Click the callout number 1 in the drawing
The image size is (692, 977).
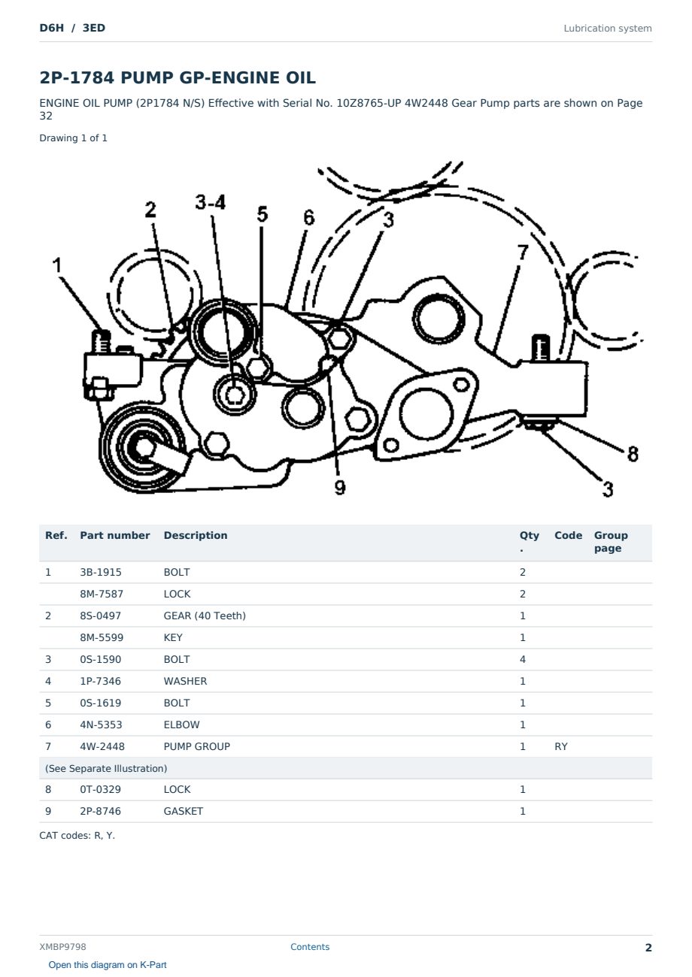pyautogui.click(x=57, y=265)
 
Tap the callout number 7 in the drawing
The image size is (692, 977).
pyautogui.click(x=523, y=252)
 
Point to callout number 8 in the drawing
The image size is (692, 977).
pyautogui.click(x=633, y=454)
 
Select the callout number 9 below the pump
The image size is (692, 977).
pyautogui.click(x=340, y=487)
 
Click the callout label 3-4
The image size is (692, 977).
pyautogui.click(x=211, y=202)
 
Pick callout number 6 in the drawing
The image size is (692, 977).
pyautogui.click(x=308, y=218)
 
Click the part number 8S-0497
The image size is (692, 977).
pyautogui.click(x=102, y=616)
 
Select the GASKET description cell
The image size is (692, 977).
pyautogui.click(x=183, y=811)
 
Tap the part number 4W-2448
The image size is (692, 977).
pyautogui.click(x=102, y=747)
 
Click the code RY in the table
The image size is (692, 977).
pyautogui.click(x=561, y=747)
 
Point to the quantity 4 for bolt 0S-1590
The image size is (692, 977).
pyautogui.click(x=523, y=660)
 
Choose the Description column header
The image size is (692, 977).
pyautogui.click(x=195, y=536)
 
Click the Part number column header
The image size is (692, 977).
pyautogui.click(x=115, y=536)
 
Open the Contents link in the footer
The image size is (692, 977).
pyautogui.click(x=310, y=947)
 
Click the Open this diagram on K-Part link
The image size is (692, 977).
pyautogui.click(x=108, y=965)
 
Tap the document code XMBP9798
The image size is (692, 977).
pyautogui.click(x=62, y=947)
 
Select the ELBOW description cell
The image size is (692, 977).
pyautogui.click(x=181, y=725)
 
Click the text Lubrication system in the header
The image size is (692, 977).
pyautogui.click(x=607, y=29)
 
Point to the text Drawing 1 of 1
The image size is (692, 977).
pyautogui.click(x=73, y=138)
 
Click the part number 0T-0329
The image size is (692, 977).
pyautogui.click(x=101, y=789)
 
